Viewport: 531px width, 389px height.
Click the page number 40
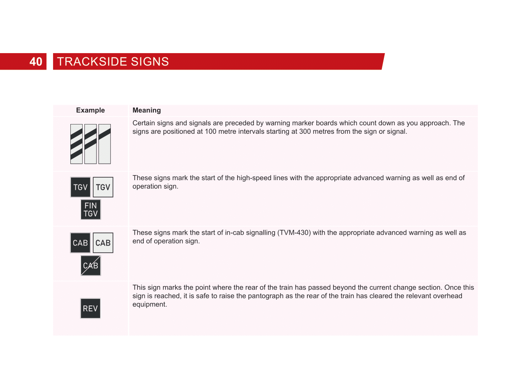tap(36, 62)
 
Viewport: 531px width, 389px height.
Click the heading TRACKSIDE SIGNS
tap(113, 62)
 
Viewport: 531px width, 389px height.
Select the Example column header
tap(90, 110)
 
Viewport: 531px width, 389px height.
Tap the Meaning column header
tap(147, 110)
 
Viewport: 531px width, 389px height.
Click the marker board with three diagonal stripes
tap(76, 144)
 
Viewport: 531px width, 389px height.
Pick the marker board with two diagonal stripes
tap(90, 144)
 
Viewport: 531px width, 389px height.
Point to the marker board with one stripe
tap(105, 144)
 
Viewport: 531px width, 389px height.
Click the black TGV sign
tap(80, 187)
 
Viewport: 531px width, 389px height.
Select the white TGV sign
tap(103, 187)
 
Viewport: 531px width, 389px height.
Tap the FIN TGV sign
tap(91, 210)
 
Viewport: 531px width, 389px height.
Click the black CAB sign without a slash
tap(80, 243)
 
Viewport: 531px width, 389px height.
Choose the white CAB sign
tap(103, 243)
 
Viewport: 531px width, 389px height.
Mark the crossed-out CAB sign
tap(91, 265)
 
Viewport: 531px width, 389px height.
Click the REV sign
tap(90, 308)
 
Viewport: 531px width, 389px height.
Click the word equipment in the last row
tap(150, 304)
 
